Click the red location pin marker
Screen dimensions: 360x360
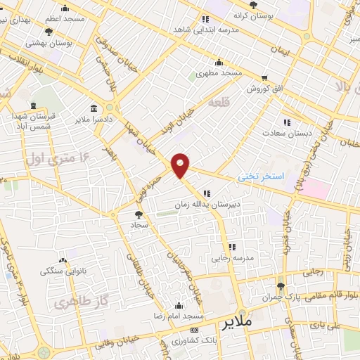181,165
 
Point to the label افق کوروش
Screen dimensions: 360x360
264,89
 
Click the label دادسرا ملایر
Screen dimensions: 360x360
92,120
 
